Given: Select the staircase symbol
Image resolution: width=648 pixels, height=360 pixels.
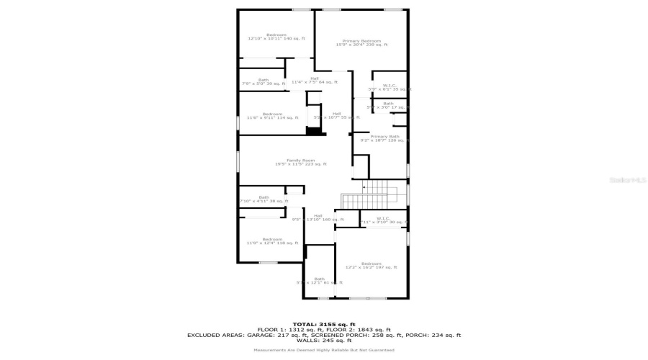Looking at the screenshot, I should tap(369, 193).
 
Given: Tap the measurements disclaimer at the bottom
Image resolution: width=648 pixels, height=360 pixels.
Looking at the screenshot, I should tap(323, 350).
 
